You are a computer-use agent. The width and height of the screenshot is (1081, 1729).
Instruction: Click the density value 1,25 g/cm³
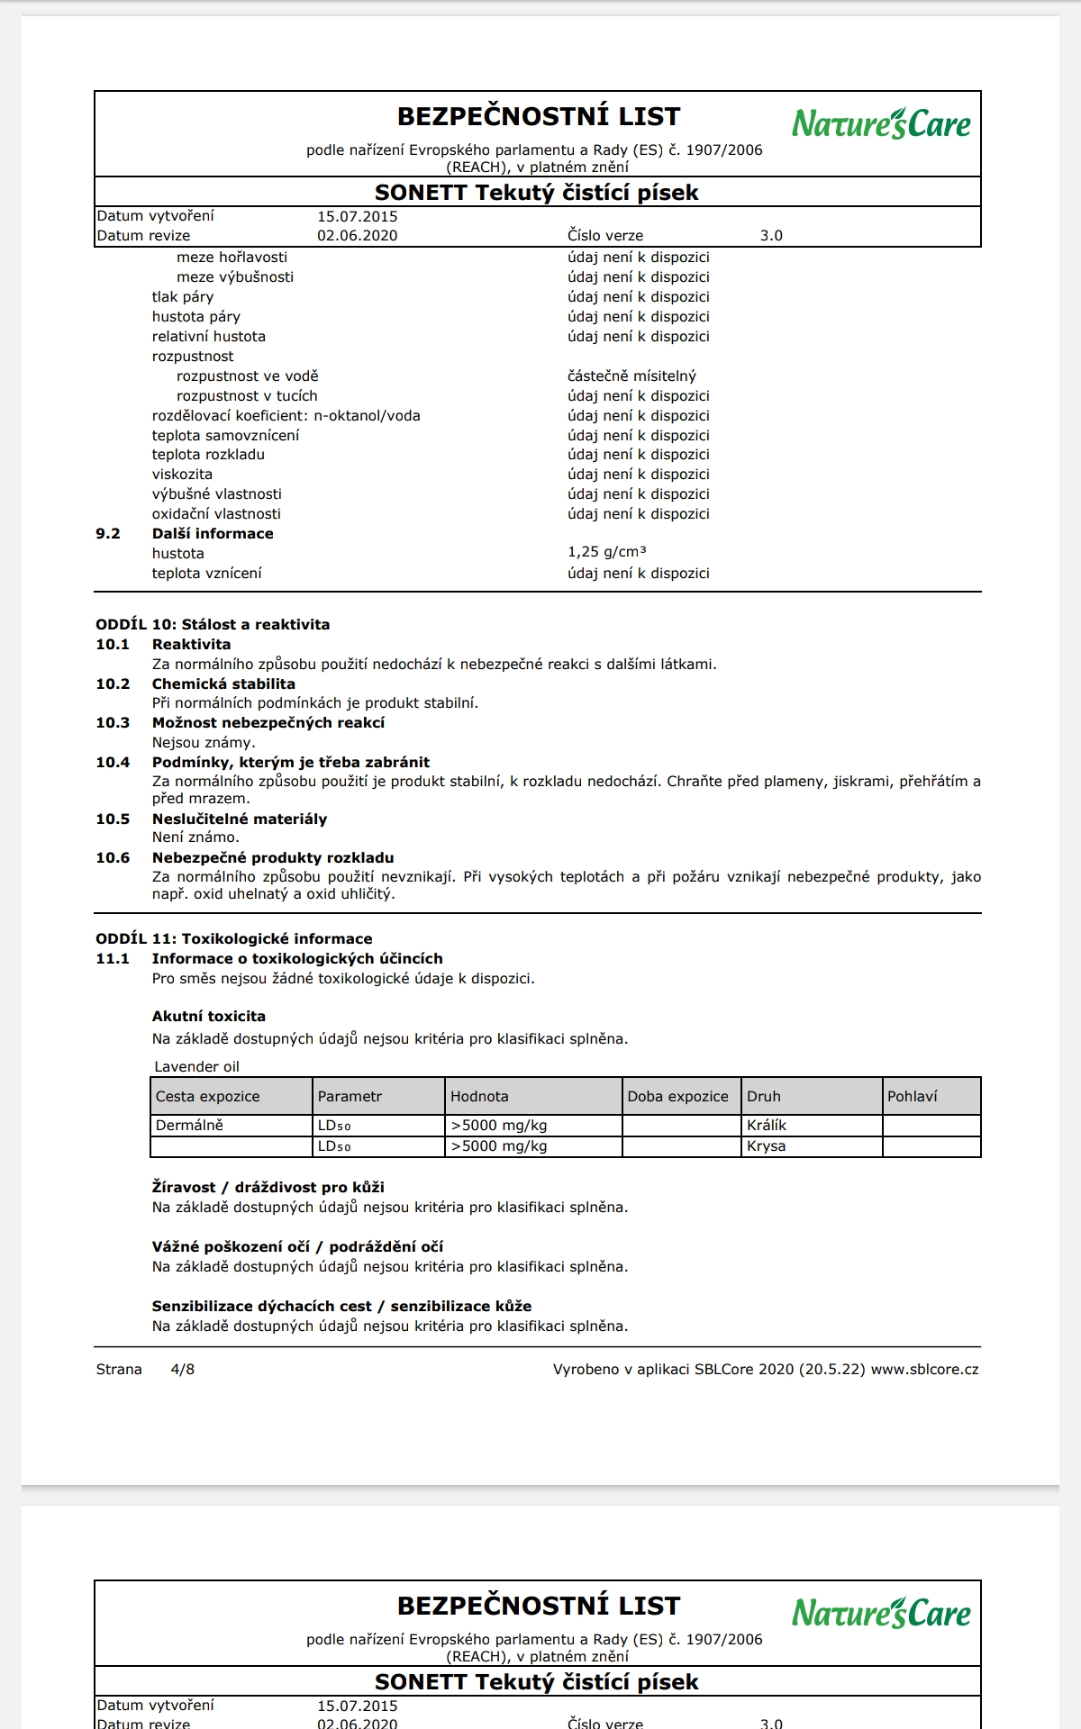[x=606, y=552]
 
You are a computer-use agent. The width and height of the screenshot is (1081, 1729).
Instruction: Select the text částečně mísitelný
[x=631, y=376]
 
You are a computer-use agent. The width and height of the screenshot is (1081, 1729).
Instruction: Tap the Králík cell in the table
[x=767, y=1126]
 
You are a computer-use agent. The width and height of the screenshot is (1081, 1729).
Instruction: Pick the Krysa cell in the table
[x=766, y=1146]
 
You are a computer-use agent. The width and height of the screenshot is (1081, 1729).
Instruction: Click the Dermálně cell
[x=189, y=1126]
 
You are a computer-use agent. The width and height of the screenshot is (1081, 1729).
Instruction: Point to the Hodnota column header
[x=479, y=1097]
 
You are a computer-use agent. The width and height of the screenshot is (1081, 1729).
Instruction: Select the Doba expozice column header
[x=677, y=1097]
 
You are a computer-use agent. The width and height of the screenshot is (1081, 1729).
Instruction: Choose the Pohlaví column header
[x=912, y=1097]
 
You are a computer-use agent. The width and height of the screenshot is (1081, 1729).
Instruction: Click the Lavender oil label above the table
[x=196, y=1067]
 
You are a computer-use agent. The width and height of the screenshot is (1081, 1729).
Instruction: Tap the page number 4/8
[x=183, y=1370]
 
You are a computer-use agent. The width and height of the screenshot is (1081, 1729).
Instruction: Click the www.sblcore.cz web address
[x=924, y=1370]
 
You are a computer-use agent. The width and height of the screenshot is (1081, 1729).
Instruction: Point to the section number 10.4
[x=113, y=763]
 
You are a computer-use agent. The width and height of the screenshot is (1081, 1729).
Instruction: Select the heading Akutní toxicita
[x=209, y=1017]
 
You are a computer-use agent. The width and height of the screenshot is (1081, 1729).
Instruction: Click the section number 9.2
[x=108, y=534]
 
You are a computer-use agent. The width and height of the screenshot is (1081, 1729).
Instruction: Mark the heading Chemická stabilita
[x=223, y=684]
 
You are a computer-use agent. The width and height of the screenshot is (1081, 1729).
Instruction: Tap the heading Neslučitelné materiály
[x=240, y=819]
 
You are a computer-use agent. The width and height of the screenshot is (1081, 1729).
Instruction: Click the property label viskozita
[x=182, y=475]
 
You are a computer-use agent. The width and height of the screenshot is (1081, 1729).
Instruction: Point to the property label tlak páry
[x=183, y=297]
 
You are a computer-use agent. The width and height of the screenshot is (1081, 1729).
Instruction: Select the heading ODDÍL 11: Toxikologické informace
[x=234, y=939]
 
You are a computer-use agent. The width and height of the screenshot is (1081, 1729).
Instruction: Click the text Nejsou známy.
[x=204, y=743]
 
